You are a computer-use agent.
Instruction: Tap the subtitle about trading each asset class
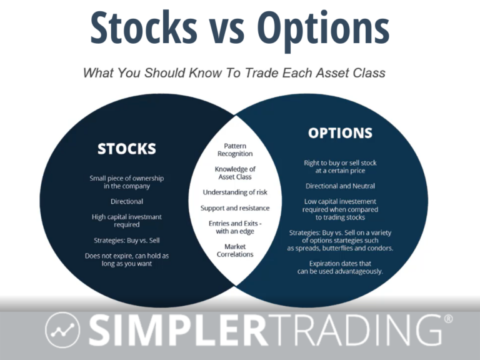234,72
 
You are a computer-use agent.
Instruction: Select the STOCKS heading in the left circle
127,149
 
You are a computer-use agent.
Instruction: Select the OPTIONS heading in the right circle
340,133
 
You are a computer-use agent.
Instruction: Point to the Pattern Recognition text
235,149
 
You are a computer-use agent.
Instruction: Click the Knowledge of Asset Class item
235,173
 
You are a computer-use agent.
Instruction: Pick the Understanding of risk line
235,192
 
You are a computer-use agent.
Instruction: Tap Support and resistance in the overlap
235,207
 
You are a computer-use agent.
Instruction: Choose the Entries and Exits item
235,227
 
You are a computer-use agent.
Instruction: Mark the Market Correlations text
235,251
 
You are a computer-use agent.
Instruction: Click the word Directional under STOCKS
127,201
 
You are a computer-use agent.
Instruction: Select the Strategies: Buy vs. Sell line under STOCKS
127,240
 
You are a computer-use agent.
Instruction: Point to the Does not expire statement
127,259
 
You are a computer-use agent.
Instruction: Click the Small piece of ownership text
127,182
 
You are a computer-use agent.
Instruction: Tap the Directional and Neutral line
340,186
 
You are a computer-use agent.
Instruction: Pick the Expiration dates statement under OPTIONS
340,267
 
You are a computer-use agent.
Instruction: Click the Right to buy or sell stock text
340,167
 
